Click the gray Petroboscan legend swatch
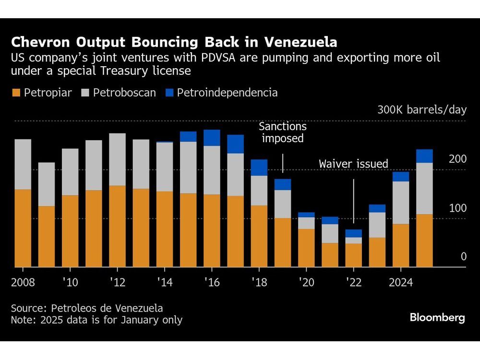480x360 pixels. [x=87, y=93]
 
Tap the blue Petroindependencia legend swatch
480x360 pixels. [x=169, y=93]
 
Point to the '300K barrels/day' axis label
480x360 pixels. [x=421, y=110]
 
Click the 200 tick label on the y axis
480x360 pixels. [x=457, y=159]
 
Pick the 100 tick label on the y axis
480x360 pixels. [x=457, y=208]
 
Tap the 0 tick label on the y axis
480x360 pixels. [x=463, y=257]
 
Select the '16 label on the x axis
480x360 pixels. [x=212, y=283]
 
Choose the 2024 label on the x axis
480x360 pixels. [x=400, y=283]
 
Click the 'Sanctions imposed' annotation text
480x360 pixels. [x=282, y=132]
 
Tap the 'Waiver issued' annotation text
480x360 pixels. [x=353, y=164]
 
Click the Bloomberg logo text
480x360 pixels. [x=437, y=318]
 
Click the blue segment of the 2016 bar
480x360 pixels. [x=212, y=138]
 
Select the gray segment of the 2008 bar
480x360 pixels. [x=23, y=164]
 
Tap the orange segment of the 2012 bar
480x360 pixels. [x=117, y=226]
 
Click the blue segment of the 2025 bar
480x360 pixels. [x=424, y=156]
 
